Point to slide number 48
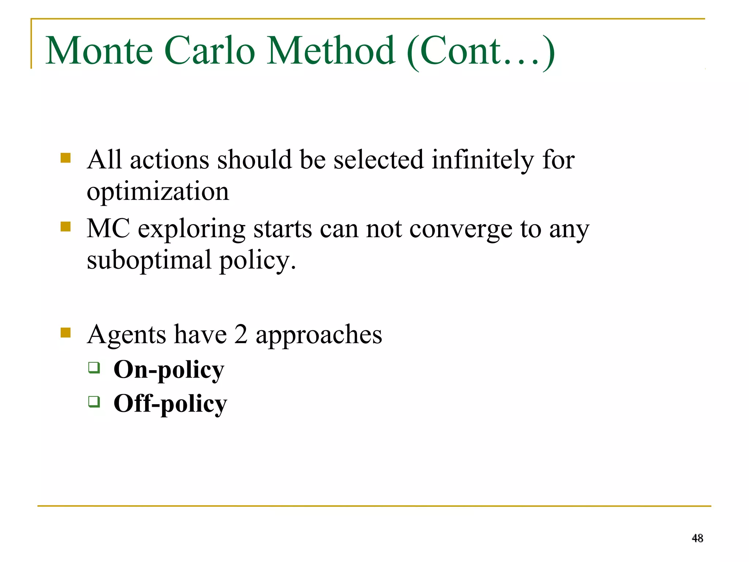coord(697,538)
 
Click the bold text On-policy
coord(169,370)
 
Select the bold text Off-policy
coord(170,404)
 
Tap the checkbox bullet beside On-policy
coord(94,367)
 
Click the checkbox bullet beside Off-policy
coord(94,401)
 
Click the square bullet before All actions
coord(66,158)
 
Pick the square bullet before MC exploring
coord(66,227)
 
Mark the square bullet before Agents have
coord(66,332)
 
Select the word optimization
coord(158,192)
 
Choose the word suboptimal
coord(149,260)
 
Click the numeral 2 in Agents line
coord(241,334)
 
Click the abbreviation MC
coord(108,229)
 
